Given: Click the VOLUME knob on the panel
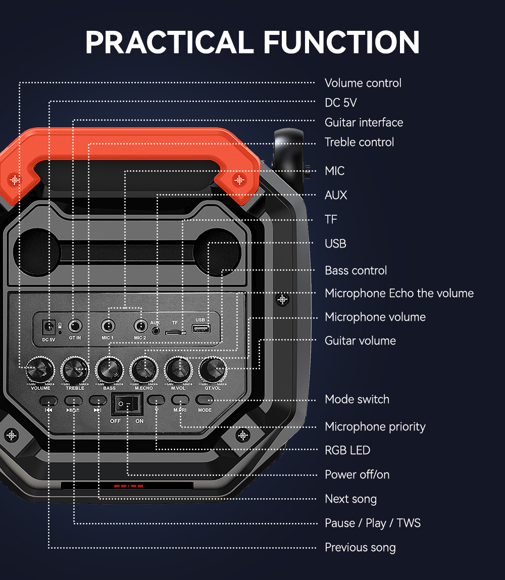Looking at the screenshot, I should coord(40,370).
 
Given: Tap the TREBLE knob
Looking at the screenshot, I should coord(75,370).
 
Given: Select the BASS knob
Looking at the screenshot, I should coord(109,370).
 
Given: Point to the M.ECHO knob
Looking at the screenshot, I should coord(143,370).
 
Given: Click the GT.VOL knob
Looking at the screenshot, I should coord(213,370).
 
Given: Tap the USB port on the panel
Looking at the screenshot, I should coord(200,329).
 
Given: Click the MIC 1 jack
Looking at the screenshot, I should coord(107,326).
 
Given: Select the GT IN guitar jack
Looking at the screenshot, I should coord(75,326).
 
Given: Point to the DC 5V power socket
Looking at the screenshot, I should coord(49,327).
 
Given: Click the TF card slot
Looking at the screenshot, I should coord(175,332).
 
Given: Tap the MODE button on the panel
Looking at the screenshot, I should coord(205,400).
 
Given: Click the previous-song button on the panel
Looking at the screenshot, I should coord(48,400).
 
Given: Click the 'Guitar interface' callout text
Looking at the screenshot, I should coord(364,122).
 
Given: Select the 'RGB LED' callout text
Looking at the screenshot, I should coord(347,450).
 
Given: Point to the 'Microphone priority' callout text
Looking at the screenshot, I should coord(375,426).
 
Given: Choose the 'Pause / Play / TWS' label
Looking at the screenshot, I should coord(372,523).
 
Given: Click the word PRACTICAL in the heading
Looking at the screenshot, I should coord(169,42).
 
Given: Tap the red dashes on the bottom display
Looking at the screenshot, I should coord(128,486).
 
